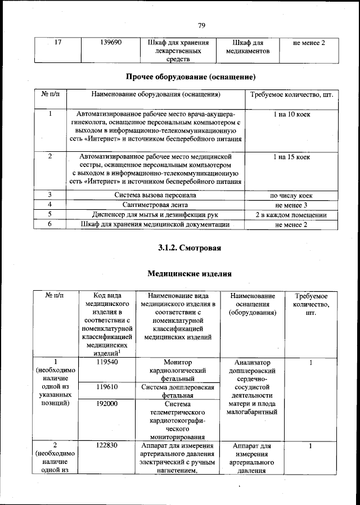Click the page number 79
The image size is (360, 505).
pos(202,25)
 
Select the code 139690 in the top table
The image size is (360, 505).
pos(107,42)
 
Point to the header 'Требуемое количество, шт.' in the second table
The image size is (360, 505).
pos(292,94)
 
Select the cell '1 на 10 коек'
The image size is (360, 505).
pos(291,114)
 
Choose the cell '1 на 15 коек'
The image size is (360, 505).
pos(291,156)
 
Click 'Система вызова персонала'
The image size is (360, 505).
pos(155,195)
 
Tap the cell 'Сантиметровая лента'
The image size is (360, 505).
pos(155,205)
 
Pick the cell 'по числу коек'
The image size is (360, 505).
pos(291,195)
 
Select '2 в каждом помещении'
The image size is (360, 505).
pos(291,215)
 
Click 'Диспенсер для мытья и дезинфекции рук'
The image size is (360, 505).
pos(155,215)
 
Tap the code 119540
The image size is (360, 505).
pos(107,363)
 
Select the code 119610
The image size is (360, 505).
pos(107,387)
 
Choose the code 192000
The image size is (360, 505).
pos(107,403)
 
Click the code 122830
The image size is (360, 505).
pos(107,446)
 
